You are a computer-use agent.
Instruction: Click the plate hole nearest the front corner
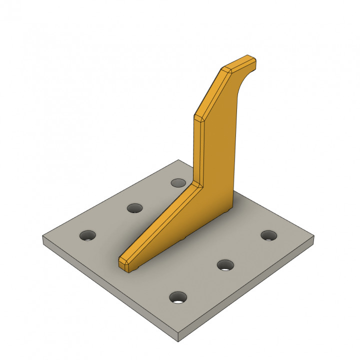tap(178, 298)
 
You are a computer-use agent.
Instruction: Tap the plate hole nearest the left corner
tap(88, 234)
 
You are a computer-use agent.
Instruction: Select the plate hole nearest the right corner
tap(269, 234)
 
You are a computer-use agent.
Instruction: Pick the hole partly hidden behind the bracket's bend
tap(177, 182)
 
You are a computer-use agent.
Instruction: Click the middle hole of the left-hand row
tap(134, 208)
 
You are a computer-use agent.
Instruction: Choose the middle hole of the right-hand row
tap(225, 265)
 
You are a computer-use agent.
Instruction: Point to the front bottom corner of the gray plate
tap(178, 341)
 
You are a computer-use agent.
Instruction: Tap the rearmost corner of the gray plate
tap(179, 160)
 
